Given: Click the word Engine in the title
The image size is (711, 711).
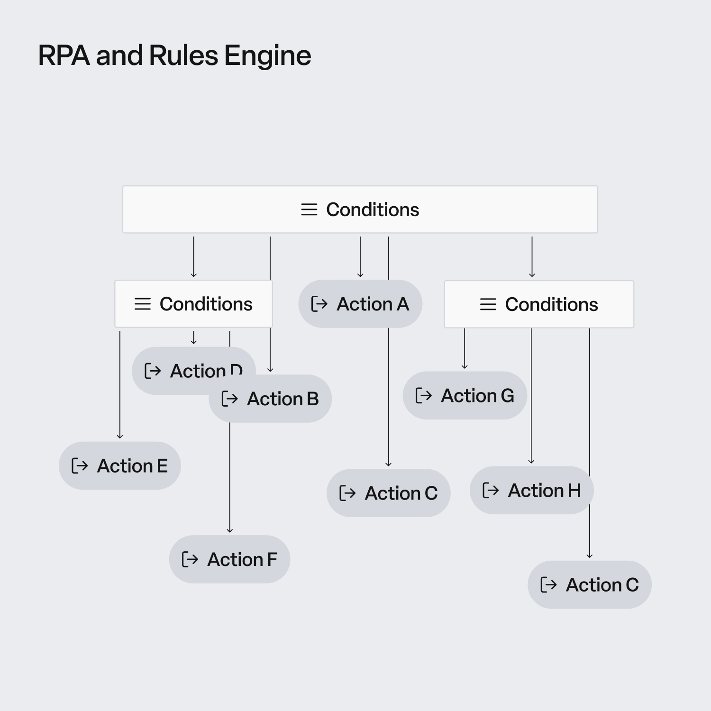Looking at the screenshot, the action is (267, 56).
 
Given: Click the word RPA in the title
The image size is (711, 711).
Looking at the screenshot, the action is (64, 55).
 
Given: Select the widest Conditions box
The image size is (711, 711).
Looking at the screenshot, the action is (360, 210).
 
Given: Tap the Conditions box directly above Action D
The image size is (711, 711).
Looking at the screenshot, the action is (193, 304).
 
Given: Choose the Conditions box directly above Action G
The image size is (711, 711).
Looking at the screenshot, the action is (539, 304).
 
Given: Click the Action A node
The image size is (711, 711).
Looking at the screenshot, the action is (360, 304).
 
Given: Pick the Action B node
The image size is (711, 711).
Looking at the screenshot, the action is (270, 399).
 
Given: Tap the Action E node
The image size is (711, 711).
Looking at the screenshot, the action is (120, 465).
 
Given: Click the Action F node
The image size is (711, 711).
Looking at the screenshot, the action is (229, 559).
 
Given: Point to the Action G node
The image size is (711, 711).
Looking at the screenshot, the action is (465, 395).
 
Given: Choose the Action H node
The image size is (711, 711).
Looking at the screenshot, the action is (531, 490).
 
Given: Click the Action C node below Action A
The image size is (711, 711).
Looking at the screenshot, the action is (388, 493).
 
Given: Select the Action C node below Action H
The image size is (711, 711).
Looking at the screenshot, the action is (590, 585).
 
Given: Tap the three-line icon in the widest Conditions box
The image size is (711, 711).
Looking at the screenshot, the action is (309, 210).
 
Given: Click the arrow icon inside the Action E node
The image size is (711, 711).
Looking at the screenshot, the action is (80, 466).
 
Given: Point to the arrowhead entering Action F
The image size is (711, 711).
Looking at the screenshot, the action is (230, 530).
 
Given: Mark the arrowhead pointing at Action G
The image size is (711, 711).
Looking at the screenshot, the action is (465, 366).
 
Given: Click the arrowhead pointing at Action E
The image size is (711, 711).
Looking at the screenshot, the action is (120, 436).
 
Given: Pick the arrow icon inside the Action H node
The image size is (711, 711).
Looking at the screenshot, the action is (491, 491).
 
